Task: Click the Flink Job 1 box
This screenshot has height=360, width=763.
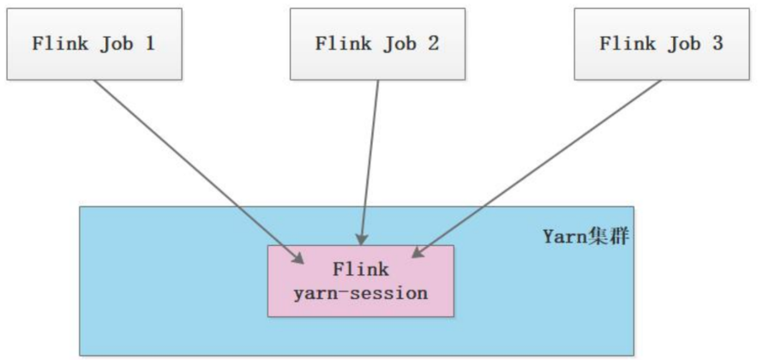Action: (94, 44)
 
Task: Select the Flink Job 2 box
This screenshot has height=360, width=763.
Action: (377, 44)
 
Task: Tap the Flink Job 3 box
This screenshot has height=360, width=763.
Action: (661, 44)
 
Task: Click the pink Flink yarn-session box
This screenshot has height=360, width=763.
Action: (360, 281)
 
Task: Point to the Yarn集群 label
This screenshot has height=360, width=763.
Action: (586, 236)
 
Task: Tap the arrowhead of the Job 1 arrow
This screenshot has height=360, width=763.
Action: (298, 258)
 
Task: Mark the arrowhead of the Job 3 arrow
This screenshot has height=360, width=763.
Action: (418, 252)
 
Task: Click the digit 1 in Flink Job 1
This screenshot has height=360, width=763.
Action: (150, 44)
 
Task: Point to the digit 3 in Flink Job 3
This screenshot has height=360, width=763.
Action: (717, 44)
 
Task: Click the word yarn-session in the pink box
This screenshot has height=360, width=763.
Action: (360, 293)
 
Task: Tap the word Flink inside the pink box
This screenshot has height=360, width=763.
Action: (360, 269)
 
